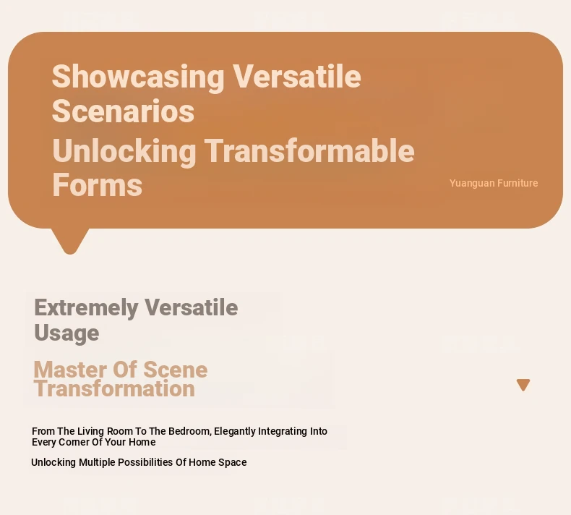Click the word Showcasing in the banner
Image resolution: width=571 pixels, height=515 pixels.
pyautogui.click(x=138, y=77)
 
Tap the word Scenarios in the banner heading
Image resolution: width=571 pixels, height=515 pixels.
pyautogui.click(x=123, y=111)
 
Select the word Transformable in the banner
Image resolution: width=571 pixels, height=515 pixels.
pyautogui.click(x=309, y=150)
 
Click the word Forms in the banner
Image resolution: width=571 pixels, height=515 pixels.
pyautogui.click(x=98, y=184)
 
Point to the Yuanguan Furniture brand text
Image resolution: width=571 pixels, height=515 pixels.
pyautogui.click(x=494, y=183)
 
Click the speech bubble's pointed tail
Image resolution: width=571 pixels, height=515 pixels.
pyautogui.click(x=70, y=242)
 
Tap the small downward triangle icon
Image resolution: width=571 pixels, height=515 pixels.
pyautogui.click(x=523, y=385)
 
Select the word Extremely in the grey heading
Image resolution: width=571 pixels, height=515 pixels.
pyautogui.click(x=86, y=308)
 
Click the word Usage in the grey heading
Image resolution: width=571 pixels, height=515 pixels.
pyautogui.click(x=66, y=333)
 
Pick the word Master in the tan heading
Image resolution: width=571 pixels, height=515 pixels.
pyautogui.click(x=72, y=370)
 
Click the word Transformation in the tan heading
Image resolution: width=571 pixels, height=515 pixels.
pyautogui.click(x=115, y=388)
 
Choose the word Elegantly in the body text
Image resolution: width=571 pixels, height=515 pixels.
pyautogui.click(x=235, y=432)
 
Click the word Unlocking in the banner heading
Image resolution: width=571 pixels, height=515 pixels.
pyautogui.click(x=124, y=151)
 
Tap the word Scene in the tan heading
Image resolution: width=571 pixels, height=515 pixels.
pyautogui.click(x=176, y=370)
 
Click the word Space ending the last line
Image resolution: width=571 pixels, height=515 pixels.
pyautogui.click(x=232, y=462)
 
